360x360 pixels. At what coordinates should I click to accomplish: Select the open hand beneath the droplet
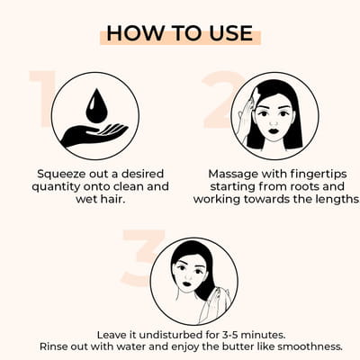pos(94,135)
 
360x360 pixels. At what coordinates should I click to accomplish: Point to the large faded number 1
pos(43,99)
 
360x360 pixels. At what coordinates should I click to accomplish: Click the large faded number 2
pos(222,100)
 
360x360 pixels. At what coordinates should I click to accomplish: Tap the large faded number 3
pos(143,257)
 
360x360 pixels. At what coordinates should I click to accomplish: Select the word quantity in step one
pos(57,187)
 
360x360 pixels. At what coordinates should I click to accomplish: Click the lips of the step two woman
pos(274,131)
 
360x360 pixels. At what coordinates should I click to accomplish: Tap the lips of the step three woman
pos(187,283)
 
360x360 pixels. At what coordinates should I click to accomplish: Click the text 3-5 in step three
pos(229,335)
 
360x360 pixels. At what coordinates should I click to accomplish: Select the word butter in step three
pos(238,346)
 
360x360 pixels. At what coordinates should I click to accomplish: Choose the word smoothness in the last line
pos(310,347)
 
